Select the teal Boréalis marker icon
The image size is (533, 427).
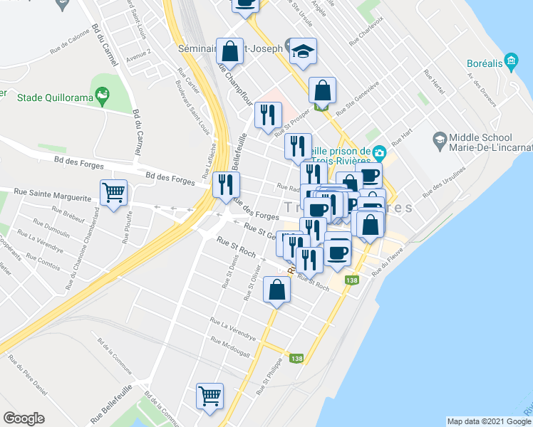510,61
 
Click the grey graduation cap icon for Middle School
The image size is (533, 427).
439,139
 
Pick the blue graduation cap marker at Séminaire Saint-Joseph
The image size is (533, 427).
303,52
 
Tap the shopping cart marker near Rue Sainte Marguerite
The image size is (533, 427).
114,193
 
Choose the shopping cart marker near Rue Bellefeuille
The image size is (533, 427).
209,395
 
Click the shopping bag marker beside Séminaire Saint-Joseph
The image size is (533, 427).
229,51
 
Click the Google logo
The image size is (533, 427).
24,418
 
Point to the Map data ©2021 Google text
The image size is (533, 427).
488,421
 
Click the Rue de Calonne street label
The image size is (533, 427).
69,46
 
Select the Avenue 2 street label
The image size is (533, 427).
138,56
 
